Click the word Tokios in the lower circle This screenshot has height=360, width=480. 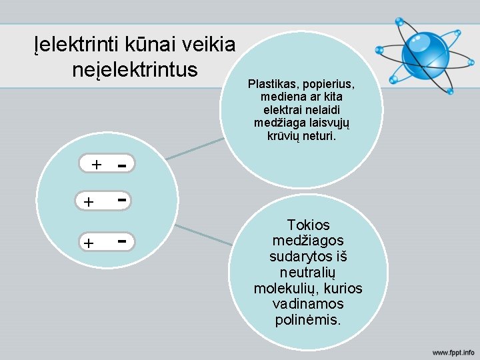(x=308, y=225)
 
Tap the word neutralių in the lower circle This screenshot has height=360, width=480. (x=307, y=273)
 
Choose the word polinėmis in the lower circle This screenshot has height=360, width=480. (x=307, y=320)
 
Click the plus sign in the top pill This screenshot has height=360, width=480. (x=97, y=164)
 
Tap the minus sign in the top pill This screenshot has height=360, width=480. (x=123, y=164)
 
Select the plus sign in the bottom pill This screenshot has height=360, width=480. (x=88, y=244)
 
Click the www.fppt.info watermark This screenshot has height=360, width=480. (x=453, y=351)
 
